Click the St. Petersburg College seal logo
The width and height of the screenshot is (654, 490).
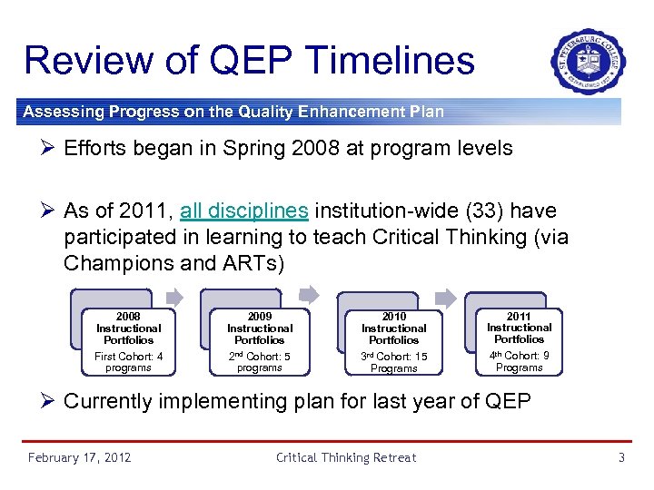coord(588,62)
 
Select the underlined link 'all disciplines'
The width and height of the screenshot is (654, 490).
coord(243,211)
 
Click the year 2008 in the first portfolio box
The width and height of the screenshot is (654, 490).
coord(128,317)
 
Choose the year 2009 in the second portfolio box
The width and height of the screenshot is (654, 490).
coord(259,317)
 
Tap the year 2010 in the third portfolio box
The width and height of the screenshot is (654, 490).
coord(393,317)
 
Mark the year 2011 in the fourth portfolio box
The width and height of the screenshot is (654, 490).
coord(519,316)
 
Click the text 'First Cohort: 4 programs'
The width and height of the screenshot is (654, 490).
coord(128,362)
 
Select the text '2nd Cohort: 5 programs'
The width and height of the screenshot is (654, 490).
coord(259,362)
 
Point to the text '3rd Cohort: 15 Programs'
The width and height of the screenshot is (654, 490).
coord(393,362)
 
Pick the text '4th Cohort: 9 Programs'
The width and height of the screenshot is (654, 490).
coord(519,361)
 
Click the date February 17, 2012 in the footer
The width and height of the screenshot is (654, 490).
coord(79,457)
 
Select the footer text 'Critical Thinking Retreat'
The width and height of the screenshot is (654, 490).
coord(346,457)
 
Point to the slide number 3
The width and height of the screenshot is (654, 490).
coord(621,457)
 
